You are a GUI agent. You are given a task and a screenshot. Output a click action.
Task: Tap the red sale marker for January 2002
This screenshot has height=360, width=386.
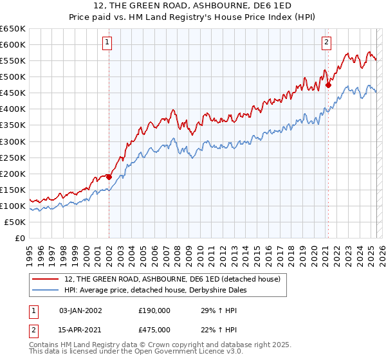109,177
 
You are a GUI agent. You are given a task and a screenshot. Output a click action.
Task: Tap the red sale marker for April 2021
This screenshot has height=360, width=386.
328,84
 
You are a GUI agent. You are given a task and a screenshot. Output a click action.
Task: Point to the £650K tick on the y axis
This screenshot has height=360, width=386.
13,29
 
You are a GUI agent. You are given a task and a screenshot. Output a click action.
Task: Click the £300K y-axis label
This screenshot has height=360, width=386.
13,141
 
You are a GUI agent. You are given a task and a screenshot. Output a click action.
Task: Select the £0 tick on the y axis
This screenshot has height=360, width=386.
20,238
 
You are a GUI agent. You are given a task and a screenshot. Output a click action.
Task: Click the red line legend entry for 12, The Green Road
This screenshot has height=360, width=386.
172,279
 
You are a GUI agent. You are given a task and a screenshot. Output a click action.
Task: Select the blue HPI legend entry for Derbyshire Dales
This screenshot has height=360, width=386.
160,290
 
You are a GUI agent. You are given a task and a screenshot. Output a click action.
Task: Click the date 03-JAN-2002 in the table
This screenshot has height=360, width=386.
80,310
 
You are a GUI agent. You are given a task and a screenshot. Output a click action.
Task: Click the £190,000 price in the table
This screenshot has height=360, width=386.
154,310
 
